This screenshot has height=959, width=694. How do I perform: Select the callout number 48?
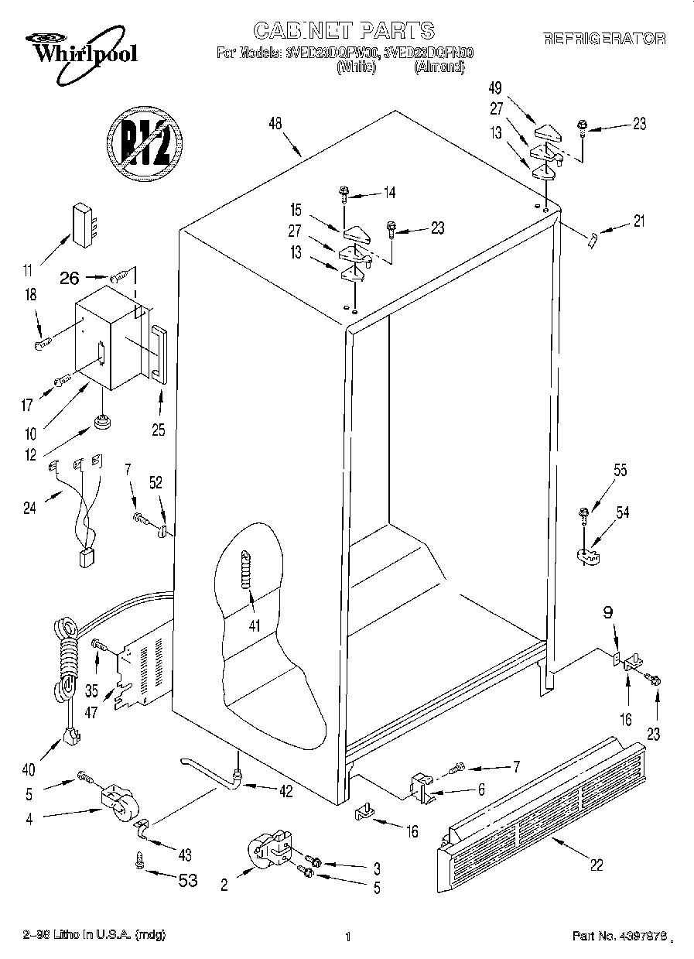coord(275,122)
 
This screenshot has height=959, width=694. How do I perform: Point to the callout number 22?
coord(597,865)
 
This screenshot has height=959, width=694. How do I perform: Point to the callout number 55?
coord(620,471)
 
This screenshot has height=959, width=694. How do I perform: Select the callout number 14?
coord(388,193)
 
